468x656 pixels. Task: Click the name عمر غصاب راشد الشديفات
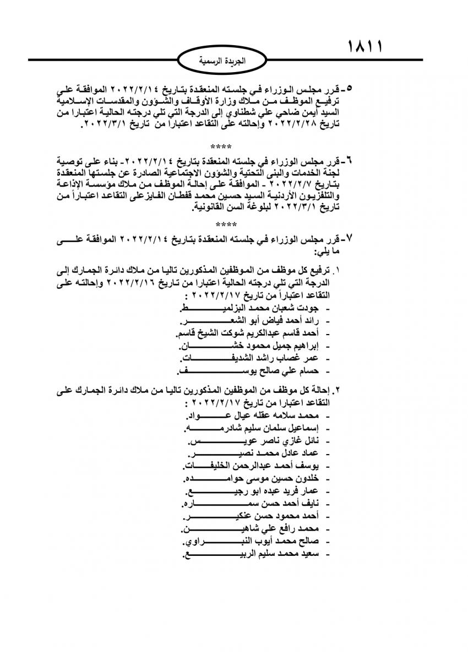click(248, 359)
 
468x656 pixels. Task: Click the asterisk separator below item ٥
click(221, 147)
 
